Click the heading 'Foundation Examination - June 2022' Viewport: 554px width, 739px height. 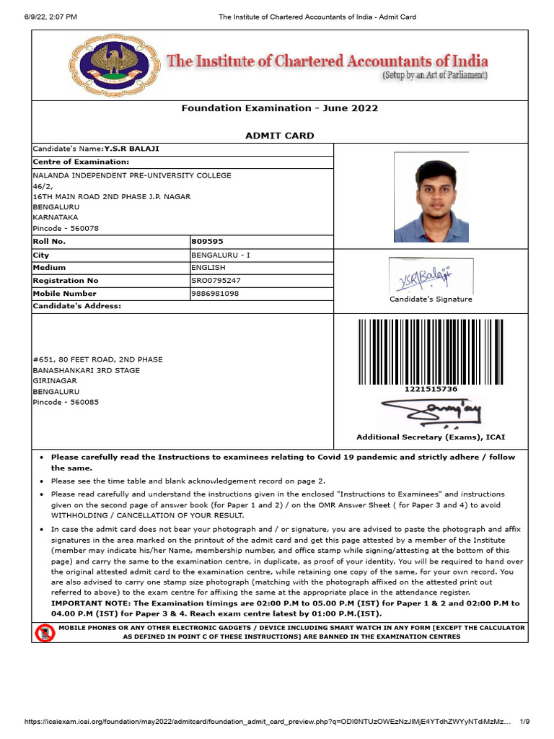point(279,108)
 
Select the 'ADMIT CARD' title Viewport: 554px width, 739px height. point(280,136)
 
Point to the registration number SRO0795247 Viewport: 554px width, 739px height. point(216,281)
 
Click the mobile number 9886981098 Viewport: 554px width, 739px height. point(215,294)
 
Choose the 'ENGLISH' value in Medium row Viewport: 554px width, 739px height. point(208,268)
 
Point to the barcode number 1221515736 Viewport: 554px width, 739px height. point(431,390)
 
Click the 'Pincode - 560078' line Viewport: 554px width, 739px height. point(66,228)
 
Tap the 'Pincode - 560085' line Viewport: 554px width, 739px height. point(66,402)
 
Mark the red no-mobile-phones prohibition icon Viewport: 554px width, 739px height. point(45,633)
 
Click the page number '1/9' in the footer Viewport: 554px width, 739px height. point(524,721)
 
